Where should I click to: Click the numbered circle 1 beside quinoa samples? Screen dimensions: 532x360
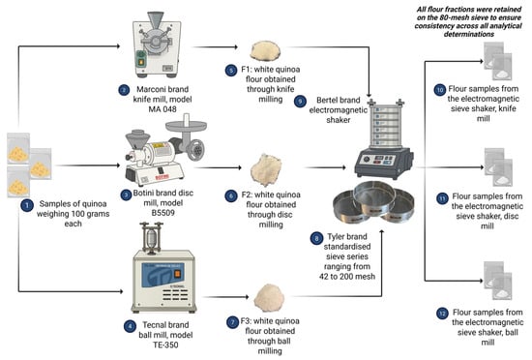coord(27,205)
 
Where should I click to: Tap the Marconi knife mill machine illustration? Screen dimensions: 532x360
coord(157,45)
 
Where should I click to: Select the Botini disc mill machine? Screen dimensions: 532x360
coord(165,150)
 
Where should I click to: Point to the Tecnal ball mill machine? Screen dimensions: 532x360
coord(164,268)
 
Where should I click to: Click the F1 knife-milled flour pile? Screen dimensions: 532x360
coord(265,51)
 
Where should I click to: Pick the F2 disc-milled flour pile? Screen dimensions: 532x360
coord(266,169)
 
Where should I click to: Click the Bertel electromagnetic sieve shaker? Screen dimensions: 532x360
coord(384,139)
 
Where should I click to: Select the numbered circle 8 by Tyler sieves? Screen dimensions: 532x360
coord(316,238)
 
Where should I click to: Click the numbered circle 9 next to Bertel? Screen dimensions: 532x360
coord(300,101)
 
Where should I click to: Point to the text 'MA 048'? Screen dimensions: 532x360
coord(163,109)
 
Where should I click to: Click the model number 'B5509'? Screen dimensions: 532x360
coord(163,213)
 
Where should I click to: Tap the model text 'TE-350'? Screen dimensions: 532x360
coord(165,345)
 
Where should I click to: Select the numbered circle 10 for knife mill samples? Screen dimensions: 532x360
coord(440,90)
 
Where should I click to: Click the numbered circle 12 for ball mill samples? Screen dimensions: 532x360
coord(442,314)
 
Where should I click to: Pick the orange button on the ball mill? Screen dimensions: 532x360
coord(177,274)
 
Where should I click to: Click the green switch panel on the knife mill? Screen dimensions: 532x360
coord(140,58)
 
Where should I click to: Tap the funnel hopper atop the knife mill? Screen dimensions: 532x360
coord(156,19)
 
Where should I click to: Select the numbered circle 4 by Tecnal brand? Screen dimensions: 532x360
coord(130,326)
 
